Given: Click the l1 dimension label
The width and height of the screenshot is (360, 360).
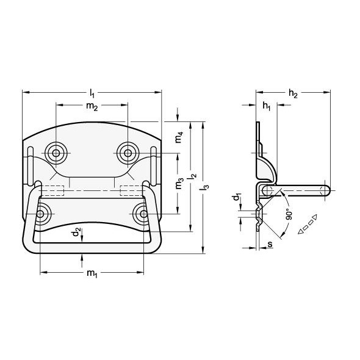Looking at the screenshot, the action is tap(92, 93).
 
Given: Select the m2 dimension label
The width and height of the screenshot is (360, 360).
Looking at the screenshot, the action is tap(92, 106).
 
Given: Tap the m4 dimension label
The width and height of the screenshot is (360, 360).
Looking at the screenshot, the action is tap(179, 137).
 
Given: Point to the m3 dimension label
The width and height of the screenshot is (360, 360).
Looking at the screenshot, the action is tap(179, 183).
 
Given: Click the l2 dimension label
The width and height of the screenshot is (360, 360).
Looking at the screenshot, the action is tap(193, 176).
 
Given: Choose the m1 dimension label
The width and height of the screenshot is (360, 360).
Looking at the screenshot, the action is tap(92, 273).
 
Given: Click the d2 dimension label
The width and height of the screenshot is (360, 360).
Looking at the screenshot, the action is tap(76, 232).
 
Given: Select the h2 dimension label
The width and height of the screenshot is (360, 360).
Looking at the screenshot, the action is tap(293, 93).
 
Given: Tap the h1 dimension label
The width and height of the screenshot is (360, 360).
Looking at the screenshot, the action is tap(266, 106).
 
